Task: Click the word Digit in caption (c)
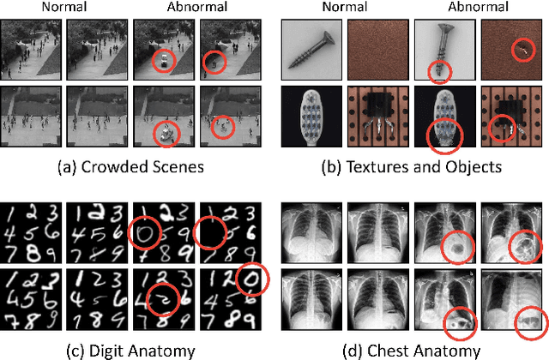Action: tap(97, 350)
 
